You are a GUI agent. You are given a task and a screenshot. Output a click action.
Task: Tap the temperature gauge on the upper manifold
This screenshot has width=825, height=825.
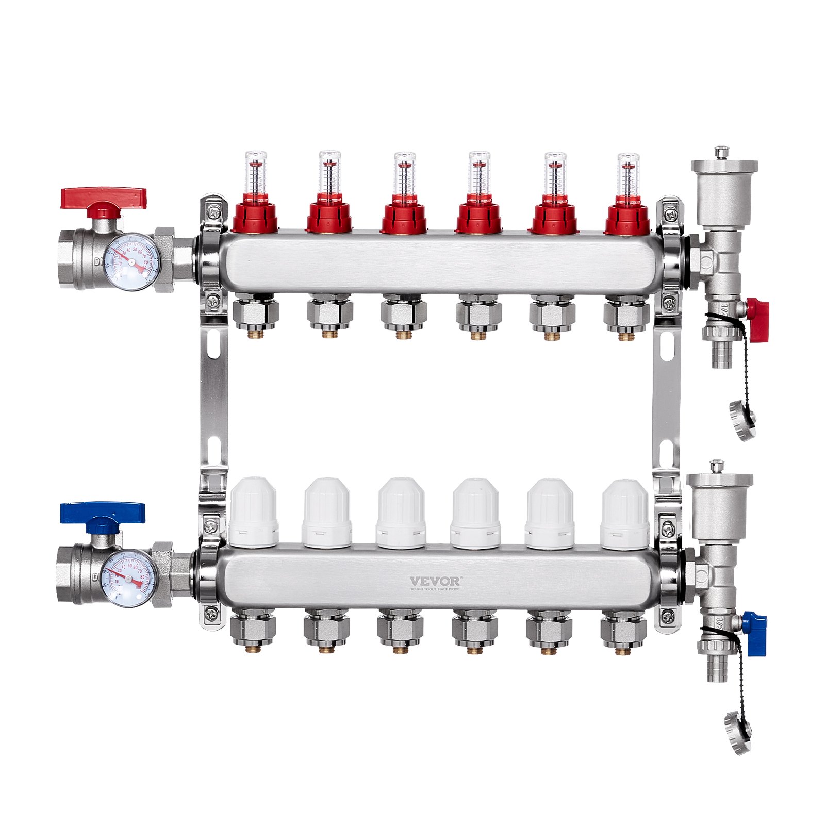[131, 262]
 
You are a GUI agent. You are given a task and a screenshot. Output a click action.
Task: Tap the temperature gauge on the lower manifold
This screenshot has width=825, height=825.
[129, 577]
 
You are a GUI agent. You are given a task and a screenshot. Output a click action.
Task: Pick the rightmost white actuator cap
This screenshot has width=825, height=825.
[624, 514]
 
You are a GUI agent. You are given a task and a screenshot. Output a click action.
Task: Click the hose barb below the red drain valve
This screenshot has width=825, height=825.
[720, 355]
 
